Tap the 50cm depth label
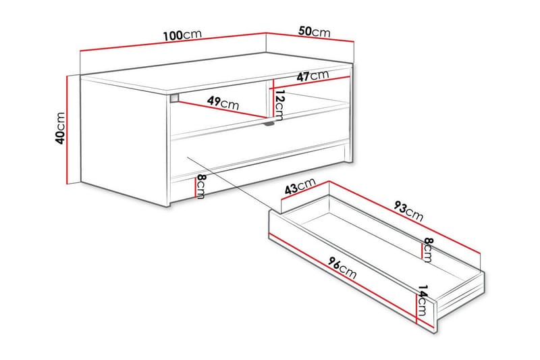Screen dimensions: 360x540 pos(314,31)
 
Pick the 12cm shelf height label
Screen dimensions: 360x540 pos(280,103)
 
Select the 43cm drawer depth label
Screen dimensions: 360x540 pos(300,187)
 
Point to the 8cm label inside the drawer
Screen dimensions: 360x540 pos(427,250)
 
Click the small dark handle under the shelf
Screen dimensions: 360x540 pos(268,124)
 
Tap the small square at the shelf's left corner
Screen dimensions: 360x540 pos(175,99)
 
